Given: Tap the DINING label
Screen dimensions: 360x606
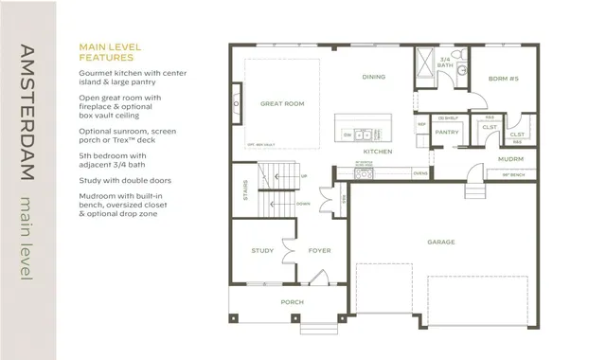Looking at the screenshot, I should (373, 77).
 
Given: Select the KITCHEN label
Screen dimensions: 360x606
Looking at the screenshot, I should (378, 152).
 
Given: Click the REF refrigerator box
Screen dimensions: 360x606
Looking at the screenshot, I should (422, 124).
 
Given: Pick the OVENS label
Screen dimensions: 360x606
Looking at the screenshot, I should (420, 173).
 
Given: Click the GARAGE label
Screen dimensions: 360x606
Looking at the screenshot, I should (441, 243).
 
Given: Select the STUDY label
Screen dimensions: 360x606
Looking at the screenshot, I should (262, 251).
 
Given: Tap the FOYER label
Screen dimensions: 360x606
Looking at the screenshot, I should (319, 251).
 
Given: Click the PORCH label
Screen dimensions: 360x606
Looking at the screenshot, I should (292, 303).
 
